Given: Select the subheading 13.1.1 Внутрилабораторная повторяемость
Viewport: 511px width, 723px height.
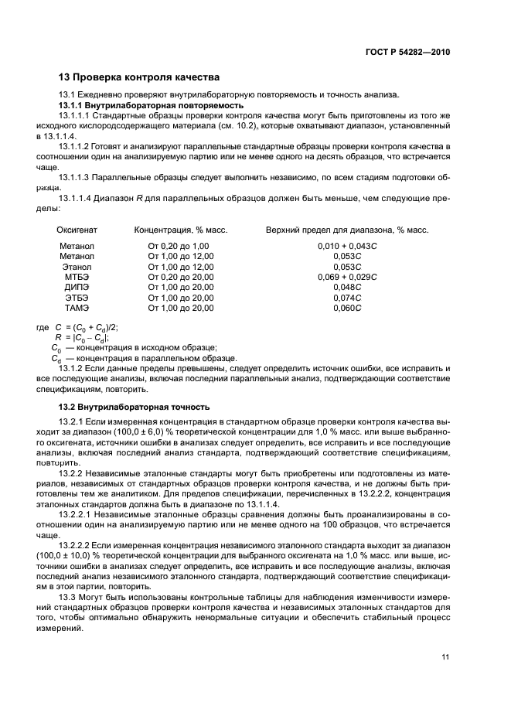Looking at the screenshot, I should click(x=152, y=104).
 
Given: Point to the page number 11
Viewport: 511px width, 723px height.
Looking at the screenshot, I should click(x=445, y=657).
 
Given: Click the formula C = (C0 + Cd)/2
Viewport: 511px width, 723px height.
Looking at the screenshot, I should click(x=86, y=327).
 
